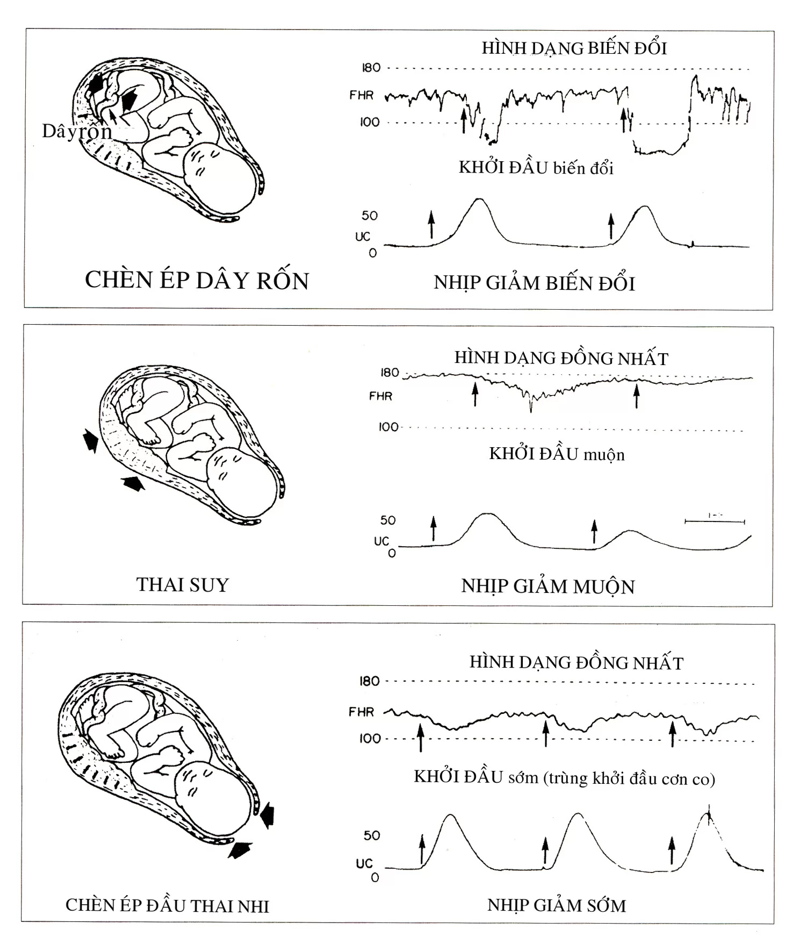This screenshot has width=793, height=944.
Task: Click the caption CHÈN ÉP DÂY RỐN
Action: click(x=197, y=281)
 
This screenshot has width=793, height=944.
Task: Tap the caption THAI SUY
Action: click(x=183, y=584)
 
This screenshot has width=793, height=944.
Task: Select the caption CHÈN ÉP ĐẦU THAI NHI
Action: click(x=167, y=905)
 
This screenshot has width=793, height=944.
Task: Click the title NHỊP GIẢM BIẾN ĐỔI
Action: click(x=534, y=283)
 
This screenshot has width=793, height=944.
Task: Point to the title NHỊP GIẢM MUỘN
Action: click(x=548, y=586)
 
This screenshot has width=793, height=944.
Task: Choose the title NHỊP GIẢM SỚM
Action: click(x=557, y=905)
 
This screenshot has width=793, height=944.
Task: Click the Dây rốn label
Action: click(x=77, y=131)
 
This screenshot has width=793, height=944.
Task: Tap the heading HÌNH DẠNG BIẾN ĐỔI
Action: click(x=574, y=48)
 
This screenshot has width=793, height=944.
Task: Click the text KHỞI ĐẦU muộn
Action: click(x=557, y=454)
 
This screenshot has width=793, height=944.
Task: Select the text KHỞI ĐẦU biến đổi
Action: click(x=536, y=168)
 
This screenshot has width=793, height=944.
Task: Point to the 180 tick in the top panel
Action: click(x=371, y=68)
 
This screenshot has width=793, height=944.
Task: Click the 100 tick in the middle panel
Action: click(x=388, y=427)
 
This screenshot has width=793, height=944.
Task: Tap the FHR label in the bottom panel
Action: click(x=361, y=712)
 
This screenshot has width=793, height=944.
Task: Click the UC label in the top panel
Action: click(x=363, y=237)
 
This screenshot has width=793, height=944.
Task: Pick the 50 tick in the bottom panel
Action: click(x=372, y=835)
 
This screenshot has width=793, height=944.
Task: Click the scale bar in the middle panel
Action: click(x=715, y=520)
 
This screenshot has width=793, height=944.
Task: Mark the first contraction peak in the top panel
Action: click(x=478, y=200)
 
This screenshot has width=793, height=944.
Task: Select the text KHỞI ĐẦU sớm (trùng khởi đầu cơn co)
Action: click(x=564, y=778)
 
